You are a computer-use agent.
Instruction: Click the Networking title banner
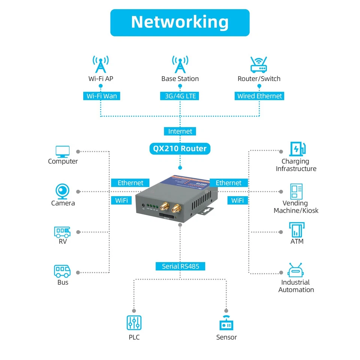(180, 22)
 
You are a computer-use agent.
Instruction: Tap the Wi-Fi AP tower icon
(100, 64)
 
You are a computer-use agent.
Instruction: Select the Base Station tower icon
(180, 64)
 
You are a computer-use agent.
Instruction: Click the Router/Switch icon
(259, 65)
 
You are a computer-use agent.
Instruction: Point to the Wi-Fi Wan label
(102, 96)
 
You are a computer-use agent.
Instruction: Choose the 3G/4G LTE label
(180, 96)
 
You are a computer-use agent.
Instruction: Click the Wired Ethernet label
(259, 96)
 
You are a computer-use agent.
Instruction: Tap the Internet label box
(180, 131)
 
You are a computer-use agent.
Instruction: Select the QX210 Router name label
(180, 148)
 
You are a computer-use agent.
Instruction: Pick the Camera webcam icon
(63, 191)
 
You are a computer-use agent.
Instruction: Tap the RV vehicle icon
(62, 232)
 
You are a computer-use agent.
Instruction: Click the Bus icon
(62, 271)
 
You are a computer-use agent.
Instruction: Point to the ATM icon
(297, 229)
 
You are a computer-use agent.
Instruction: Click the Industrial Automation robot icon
(296, 270)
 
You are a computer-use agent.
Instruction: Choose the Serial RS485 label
(180, 266)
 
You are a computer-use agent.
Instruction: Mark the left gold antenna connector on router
(165, 206)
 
